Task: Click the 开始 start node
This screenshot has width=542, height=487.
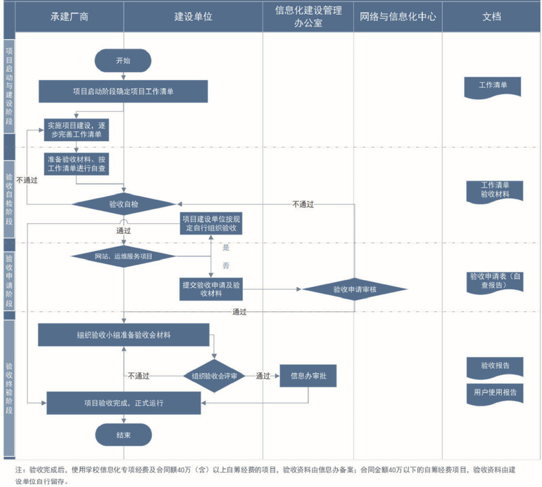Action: point(123,60)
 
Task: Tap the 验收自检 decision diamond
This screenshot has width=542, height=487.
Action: point(123,203)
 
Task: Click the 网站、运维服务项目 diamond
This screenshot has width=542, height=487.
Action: point(123,256)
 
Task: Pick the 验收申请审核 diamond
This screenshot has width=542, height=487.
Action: point(355,289)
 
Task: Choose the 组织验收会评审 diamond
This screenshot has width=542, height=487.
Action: point(214,375)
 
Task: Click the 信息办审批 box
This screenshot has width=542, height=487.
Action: point(308,375)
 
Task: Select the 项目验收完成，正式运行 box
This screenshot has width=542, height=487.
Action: point(123,402)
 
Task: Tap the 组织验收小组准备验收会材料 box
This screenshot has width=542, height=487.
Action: point(123,334)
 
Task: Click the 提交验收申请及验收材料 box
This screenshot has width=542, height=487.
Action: point(211,288)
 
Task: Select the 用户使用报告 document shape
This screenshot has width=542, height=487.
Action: point(495,393)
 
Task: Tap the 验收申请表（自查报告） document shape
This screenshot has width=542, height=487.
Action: point(495,281)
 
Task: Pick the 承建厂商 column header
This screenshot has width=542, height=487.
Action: point(69,16)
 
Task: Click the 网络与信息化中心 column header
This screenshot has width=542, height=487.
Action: point(398,16)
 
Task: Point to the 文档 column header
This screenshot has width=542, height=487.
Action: point(492,16)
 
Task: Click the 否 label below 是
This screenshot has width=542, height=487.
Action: point(226,265)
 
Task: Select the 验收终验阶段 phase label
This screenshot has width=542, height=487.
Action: point(9,383)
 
